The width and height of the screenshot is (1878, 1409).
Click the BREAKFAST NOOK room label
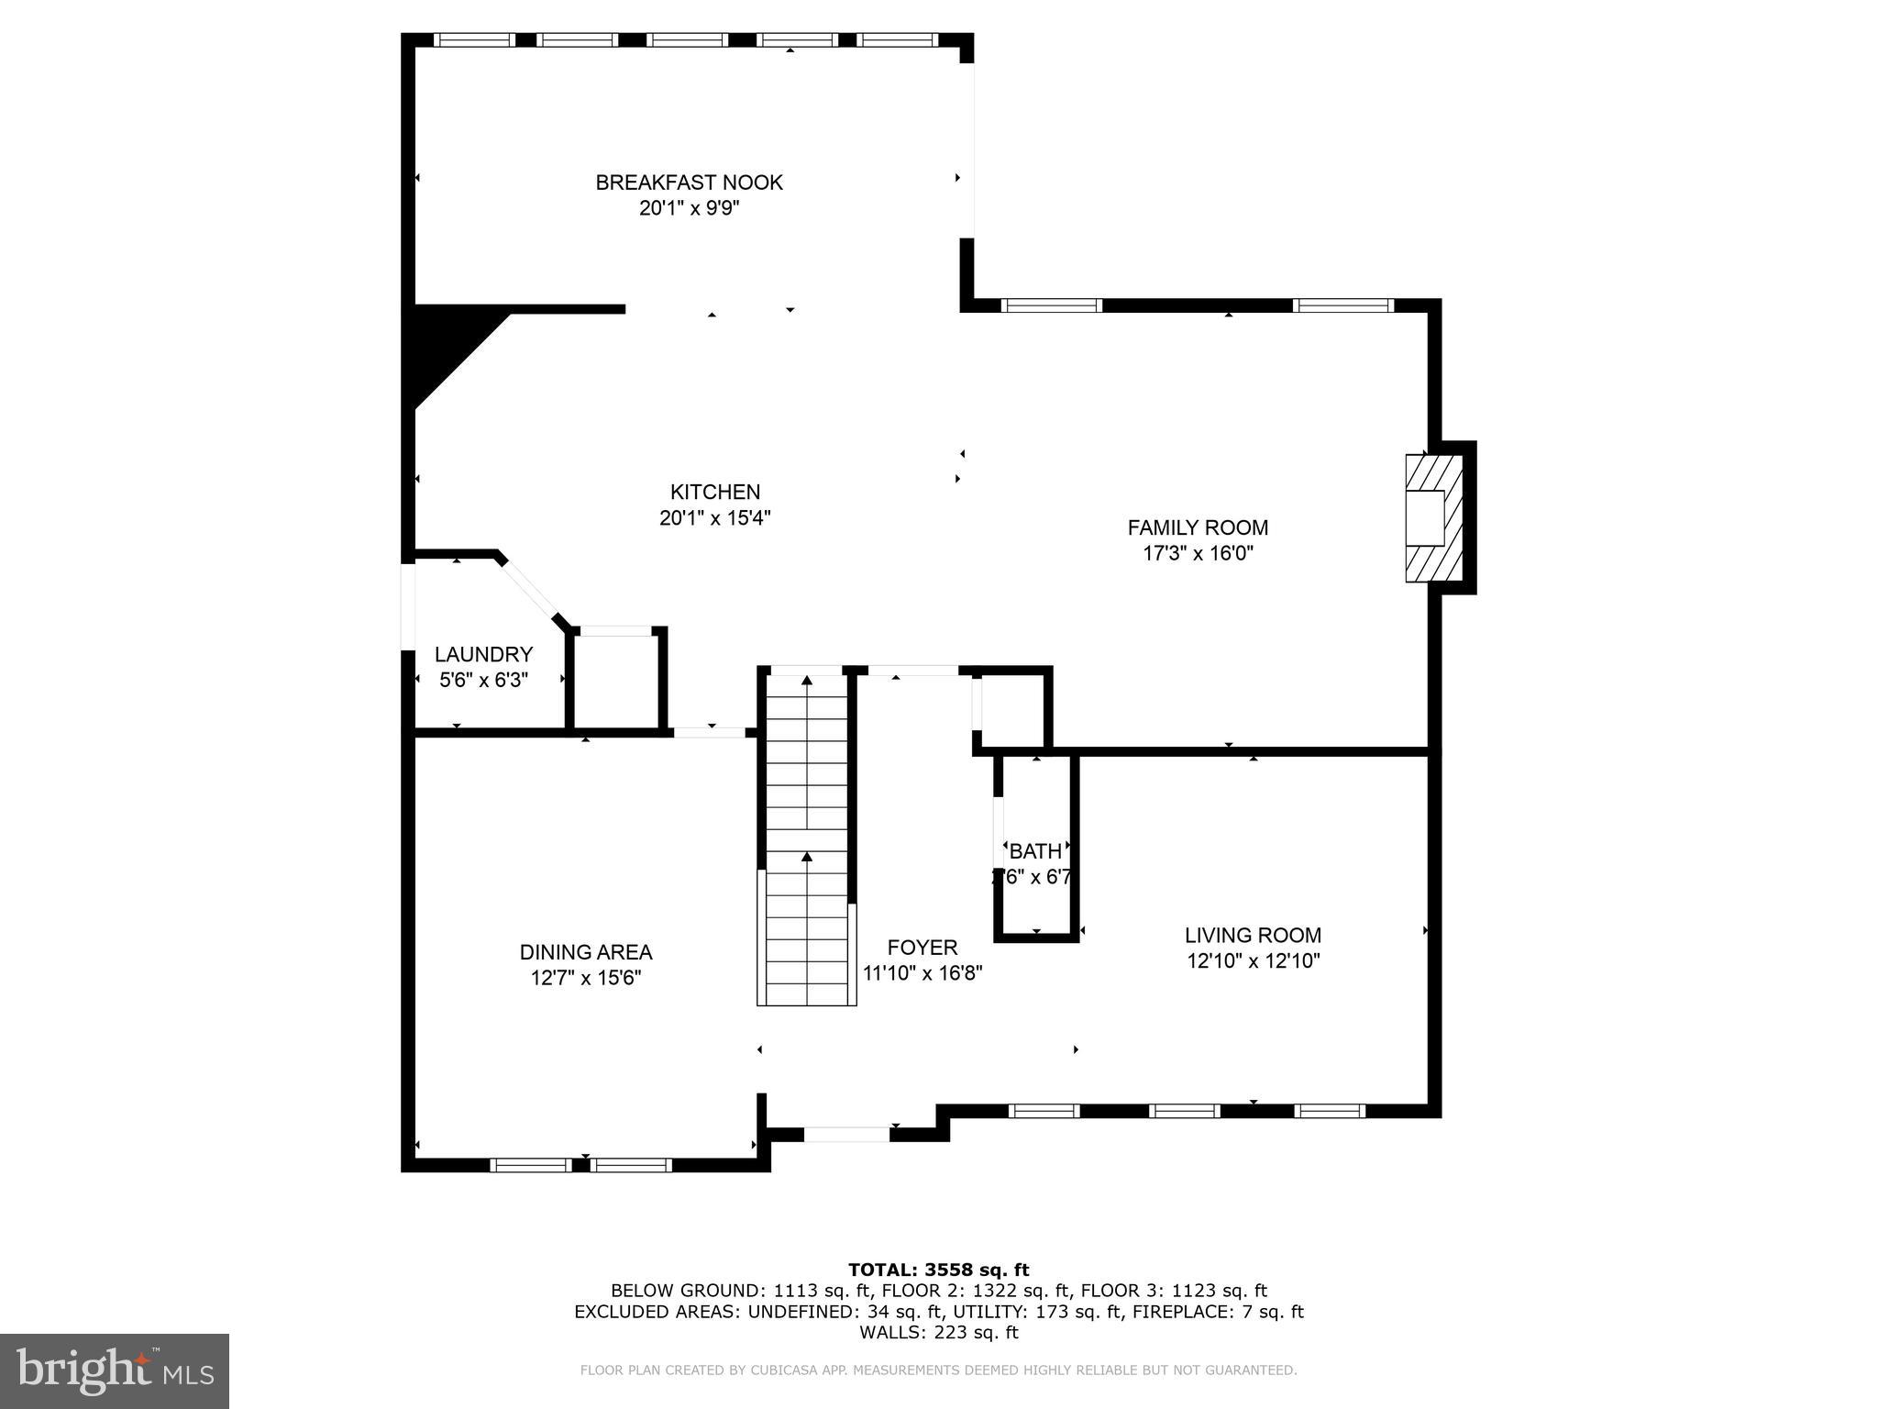tap(689, 183)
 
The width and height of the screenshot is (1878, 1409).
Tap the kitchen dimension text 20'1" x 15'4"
tap(714, 518)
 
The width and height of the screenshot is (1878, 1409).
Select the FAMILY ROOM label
tap(1198, 527)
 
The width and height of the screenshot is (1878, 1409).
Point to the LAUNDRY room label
tap(483, 654)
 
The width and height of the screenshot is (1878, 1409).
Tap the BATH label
tap(1035, 851)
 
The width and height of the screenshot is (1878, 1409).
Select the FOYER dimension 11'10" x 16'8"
tap(922, 973)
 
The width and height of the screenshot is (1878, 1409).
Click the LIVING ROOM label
tap(1253, 936)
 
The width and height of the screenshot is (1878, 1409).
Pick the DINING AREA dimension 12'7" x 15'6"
tap(585, 978)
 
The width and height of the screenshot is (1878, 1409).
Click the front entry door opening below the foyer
tap(846, 1135)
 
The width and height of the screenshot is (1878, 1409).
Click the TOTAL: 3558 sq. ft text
tap(938, 1270)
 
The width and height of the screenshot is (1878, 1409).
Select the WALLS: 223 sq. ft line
tap(938, 1333)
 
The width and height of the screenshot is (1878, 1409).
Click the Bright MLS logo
tap(115, 1370)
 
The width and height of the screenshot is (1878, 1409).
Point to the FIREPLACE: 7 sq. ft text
tap(1217, 1312)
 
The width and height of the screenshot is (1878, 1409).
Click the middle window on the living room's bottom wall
tap(1184, 1111)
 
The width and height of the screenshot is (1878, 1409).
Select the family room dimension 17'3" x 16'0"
tap(1198, 553)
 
